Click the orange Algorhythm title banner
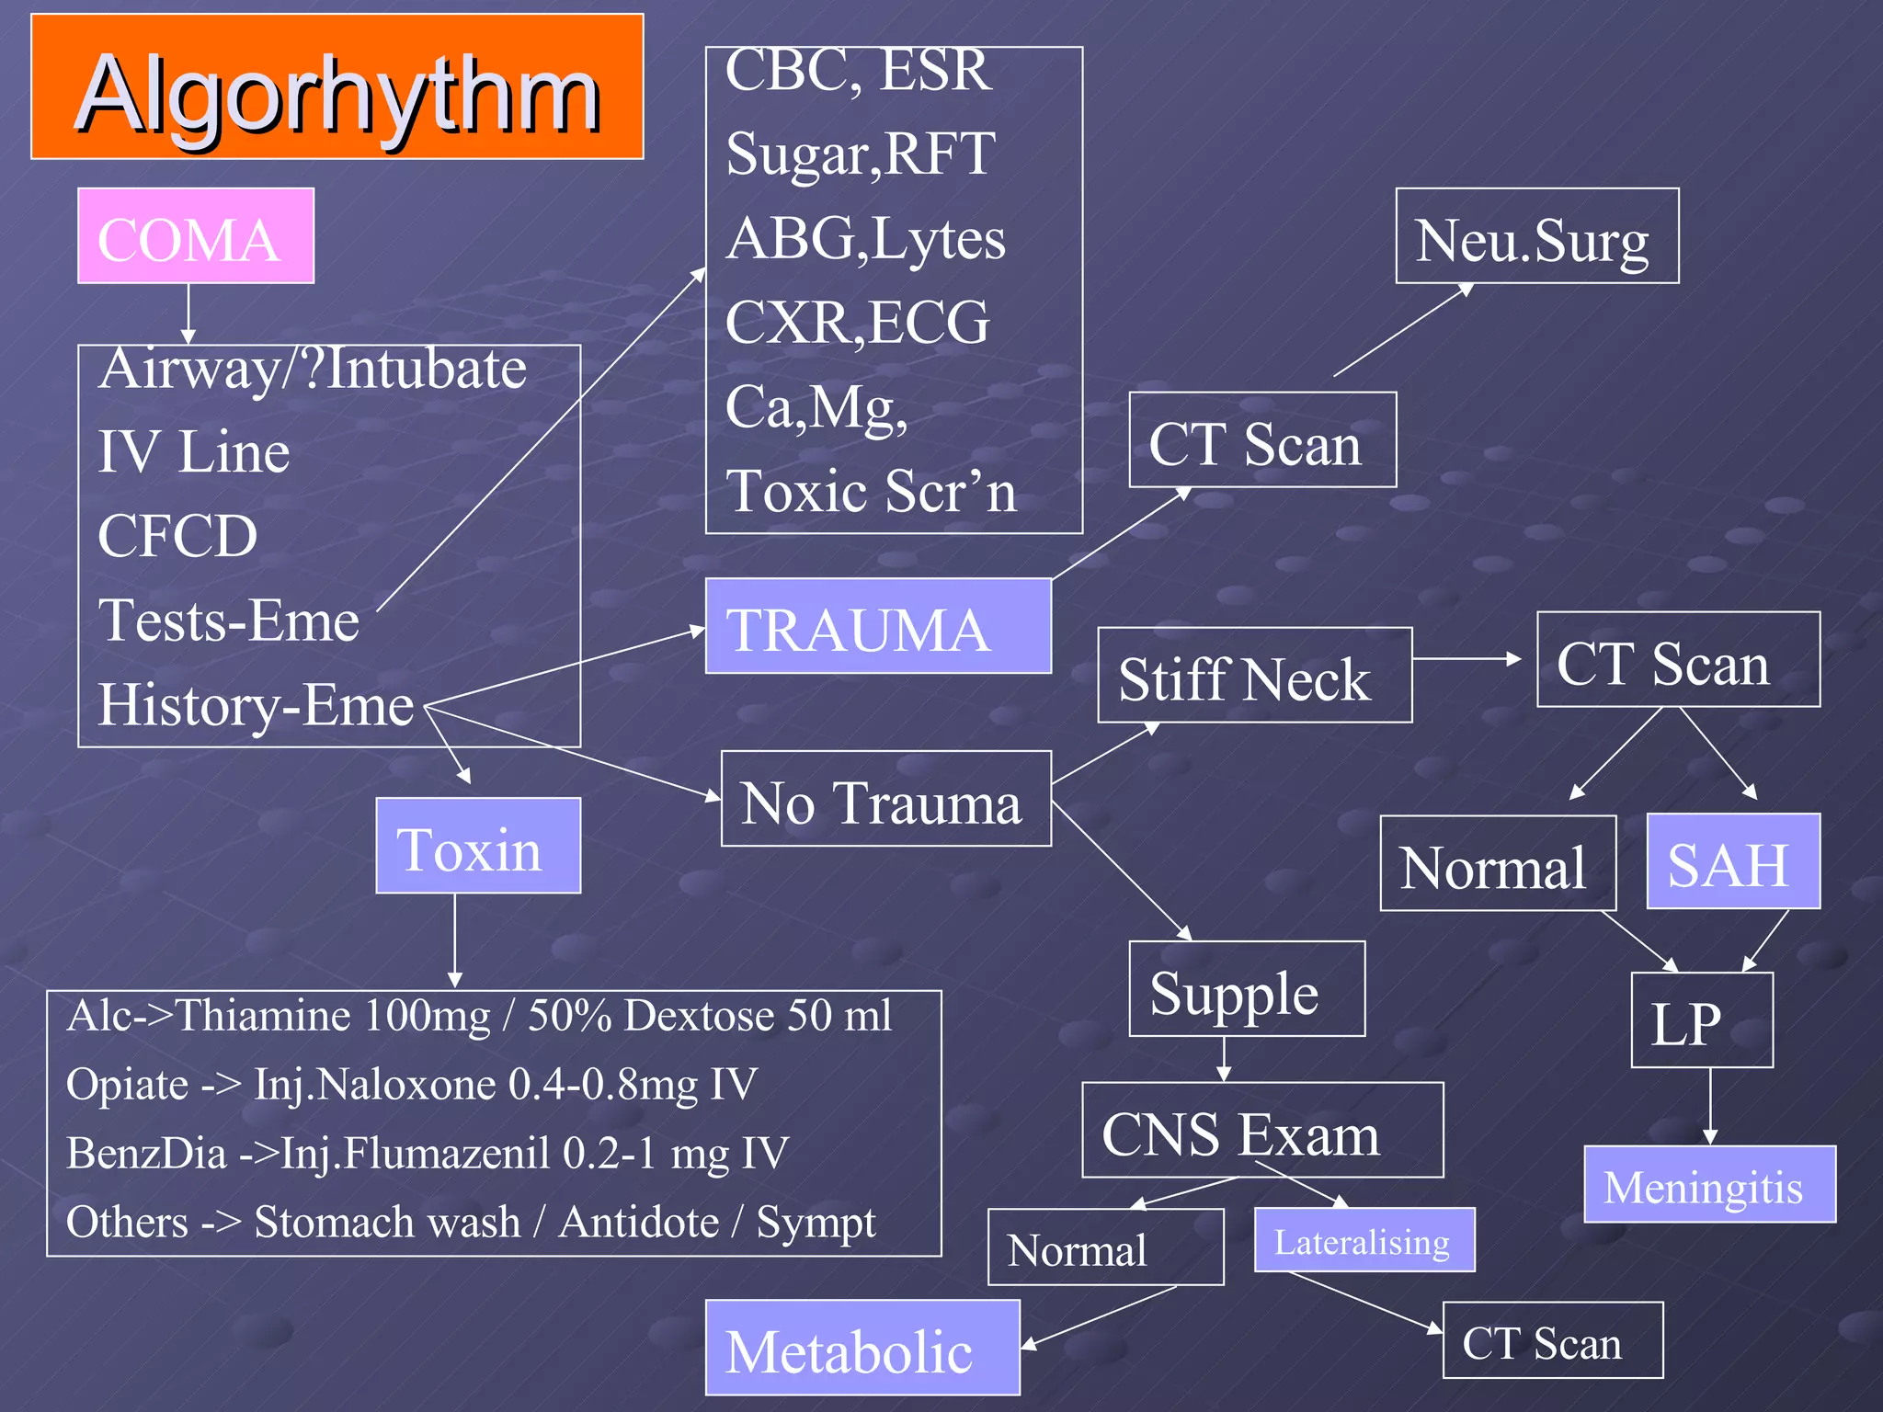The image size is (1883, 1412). pyautogui.click(x=337, y=87)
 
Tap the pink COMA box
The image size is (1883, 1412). pyautogui.click(x=196, y=236)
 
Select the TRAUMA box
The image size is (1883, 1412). pyautogui.click(x=878, y=627)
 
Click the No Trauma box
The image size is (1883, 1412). pyautogui.click(x=885, y=799)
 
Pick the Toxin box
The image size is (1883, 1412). pyautogui.click(x=478, y=846)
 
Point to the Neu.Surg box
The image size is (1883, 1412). pyautogui.click(x=1536, y=236)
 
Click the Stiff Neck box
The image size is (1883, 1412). pyautogui.click(x=1254, y=676)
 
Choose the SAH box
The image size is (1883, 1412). pyautogui.click(x=1732, y=862)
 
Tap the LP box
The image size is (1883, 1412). pyautogui.click(x=1701, y=1020)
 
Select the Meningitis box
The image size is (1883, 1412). pyautogui.click(x=1709, y=1185)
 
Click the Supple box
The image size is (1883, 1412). pyautogui.click(x=1246, y=989)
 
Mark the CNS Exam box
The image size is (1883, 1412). pyautogui.click(x=1261, y=1131)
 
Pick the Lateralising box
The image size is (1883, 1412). pyautogui.click(x=1364, y=1241)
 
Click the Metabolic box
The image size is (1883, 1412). pyautogui.click(x=862, y=1348)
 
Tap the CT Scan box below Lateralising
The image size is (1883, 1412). pyautogui.click(x=1552, y=1340)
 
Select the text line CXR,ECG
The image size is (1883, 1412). pyautogui.click(x=857, y=322)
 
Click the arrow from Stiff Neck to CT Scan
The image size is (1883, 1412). pyautogui.click(x=1467, y=659)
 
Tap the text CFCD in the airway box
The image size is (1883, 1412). pyautogui.click(x=178, y=535)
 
